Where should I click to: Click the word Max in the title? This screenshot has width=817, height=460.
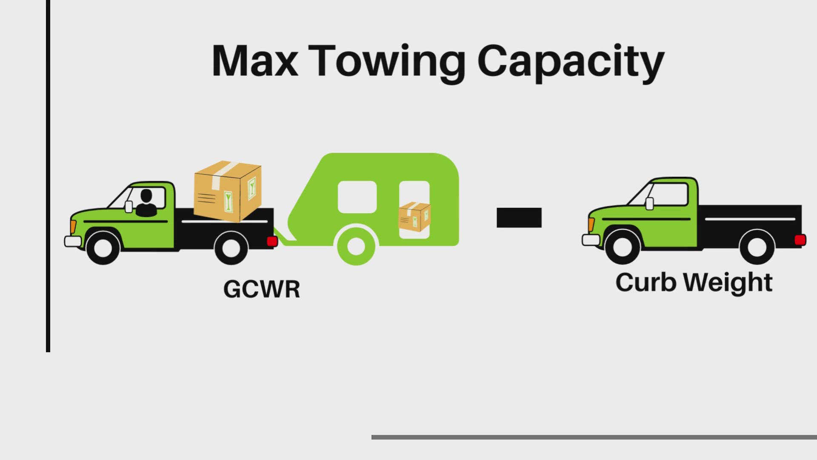click(x=254, y=61)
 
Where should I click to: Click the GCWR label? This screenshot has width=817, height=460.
click(x=262, y=289)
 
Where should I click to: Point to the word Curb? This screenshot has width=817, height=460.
click(x=646, y=282)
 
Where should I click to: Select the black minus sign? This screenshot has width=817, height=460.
click(x=519, y=218)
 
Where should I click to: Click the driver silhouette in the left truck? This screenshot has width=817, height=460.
click(x=146, y=204)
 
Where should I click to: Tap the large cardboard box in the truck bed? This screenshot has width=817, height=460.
click(x=227, y=191)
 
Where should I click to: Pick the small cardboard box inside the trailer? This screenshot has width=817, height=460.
click(x=414, y=217)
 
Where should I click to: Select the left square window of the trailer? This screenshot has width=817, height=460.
click(x=357, y=197)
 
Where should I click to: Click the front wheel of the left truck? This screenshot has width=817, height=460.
click(x=103, y=247)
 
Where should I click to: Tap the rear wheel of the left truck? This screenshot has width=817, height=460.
click(x=231, y=247)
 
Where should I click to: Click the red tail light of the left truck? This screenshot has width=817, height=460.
click(x=272, y=241)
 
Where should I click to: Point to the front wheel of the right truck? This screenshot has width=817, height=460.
click(x=622, y=247)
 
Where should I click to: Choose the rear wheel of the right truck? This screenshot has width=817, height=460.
click(x=757, y=247)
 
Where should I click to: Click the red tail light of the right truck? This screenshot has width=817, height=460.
click(x=800, y=240)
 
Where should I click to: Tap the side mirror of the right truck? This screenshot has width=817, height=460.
click(x=649, y=204)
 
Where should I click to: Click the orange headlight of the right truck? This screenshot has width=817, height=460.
click(x=591, y=224)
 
